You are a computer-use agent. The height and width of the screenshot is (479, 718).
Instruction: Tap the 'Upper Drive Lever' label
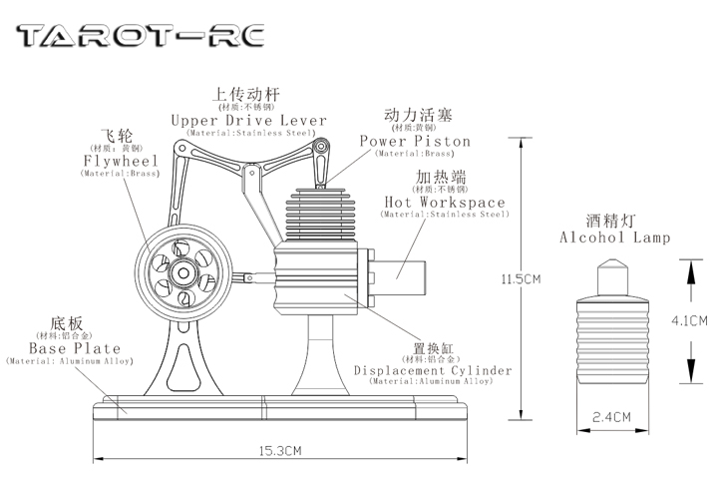(248, 121)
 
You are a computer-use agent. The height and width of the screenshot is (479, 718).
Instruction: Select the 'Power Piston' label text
(415, 142)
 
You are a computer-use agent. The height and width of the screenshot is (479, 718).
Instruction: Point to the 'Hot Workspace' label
(445, 203)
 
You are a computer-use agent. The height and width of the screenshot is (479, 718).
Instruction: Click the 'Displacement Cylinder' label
(433, 370)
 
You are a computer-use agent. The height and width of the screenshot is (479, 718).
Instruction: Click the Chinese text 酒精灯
(613, 218)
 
